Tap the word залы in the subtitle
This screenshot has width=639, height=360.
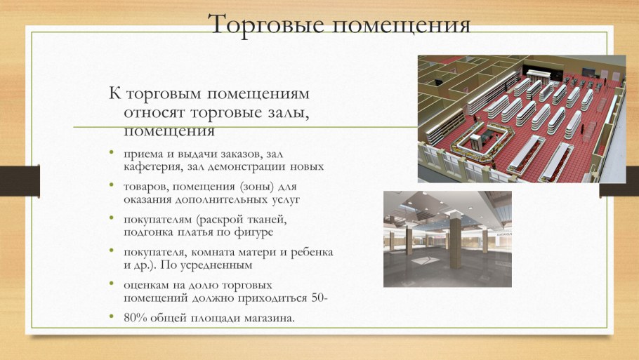[x=286, y=112]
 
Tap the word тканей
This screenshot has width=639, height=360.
[x=268, y=219]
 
